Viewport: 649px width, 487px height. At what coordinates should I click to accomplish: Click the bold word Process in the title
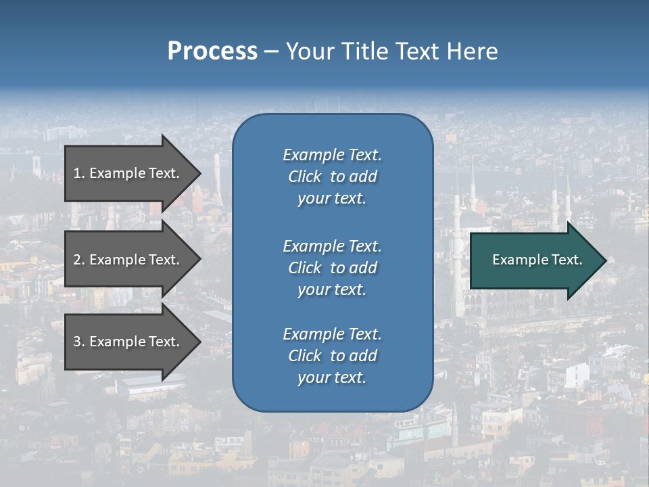212,51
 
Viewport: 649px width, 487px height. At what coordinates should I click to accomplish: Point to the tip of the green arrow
604,260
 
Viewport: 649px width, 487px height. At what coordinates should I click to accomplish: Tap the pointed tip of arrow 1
199,173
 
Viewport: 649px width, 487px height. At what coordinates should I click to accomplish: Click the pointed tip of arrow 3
199,342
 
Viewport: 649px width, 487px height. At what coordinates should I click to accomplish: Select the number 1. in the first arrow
79,173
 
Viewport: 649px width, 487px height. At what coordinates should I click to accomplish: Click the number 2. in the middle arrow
79,260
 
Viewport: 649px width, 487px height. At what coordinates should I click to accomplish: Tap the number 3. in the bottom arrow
79,342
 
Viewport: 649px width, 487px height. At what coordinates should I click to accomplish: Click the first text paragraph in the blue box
332,177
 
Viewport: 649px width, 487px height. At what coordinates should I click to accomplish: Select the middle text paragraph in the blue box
332,268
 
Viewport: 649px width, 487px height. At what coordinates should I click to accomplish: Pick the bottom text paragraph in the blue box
332,356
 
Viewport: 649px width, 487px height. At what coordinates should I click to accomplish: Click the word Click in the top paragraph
305,177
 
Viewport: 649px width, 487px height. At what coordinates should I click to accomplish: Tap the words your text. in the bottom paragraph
332,377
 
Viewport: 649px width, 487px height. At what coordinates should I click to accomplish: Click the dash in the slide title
272,52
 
